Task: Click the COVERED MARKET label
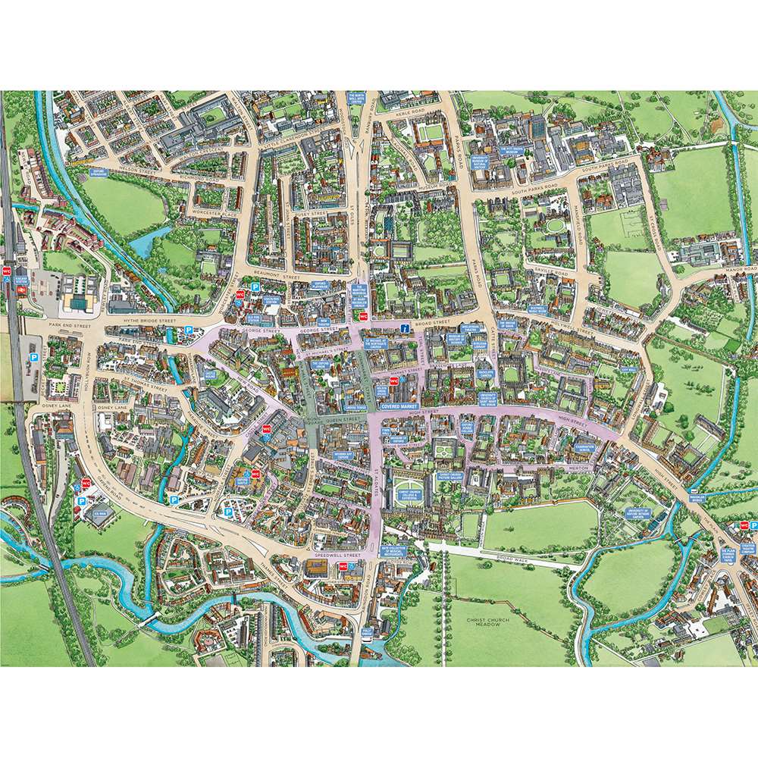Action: [x=400, y=406]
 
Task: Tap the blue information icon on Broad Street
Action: [x=405, y=328]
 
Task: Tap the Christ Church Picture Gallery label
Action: [x=450, y=478]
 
